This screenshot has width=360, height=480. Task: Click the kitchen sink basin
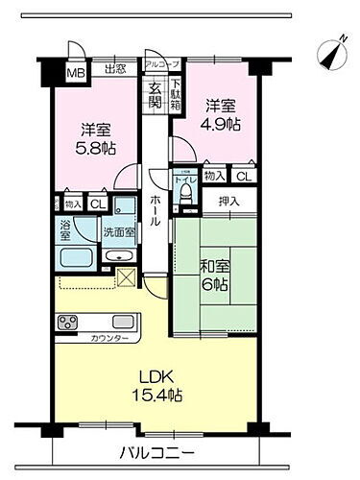coord(123,322)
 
